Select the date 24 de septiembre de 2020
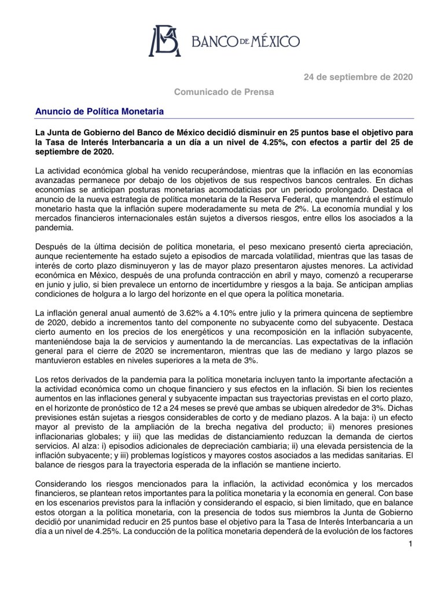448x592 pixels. click(x=359, y=78)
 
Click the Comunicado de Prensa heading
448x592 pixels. click(x=224, y=92)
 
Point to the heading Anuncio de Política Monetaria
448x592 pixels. click(x=100, y=111)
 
